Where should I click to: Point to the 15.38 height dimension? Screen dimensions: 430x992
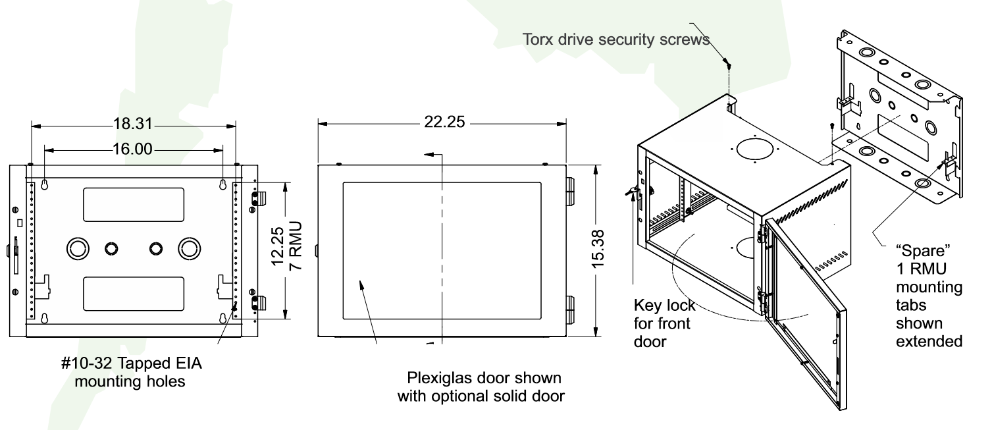point(597,248)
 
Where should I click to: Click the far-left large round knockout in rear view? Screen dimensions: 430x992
point(78,248)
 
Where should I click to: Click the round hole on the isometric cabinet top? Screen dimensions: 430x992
point(756,149)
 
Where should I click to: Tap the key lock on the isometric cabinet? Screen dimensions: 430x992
point(633,192)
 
